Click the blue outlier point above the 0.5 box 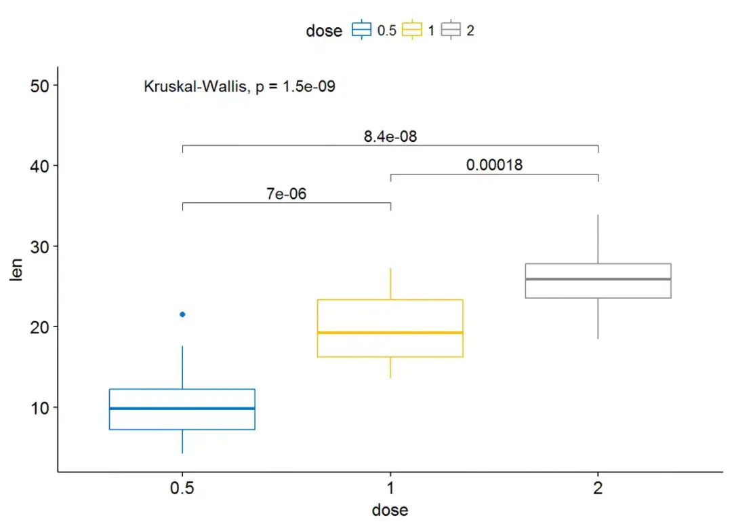[182, 314]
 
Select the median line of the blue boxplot [182, 409]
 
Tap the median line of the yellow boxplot [390, 333]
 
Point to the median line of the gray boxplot [598, 279]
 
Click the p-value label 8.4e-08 [390, 136]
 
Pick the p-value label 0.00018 [494, 165]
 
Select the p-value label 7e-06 [285, 193]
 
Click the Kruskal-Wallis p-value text [239, 86]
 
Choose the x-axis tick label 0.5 [182, 489]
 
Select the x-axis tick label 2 [598, 489]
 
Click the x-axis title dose [390, 510]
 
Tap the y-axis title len [16, 269]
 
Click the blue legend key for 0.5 [361, 31]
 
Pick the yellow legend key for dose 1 [412, 31]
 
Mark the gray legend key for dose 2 [451, 31]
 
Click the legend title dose [324, 31]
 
